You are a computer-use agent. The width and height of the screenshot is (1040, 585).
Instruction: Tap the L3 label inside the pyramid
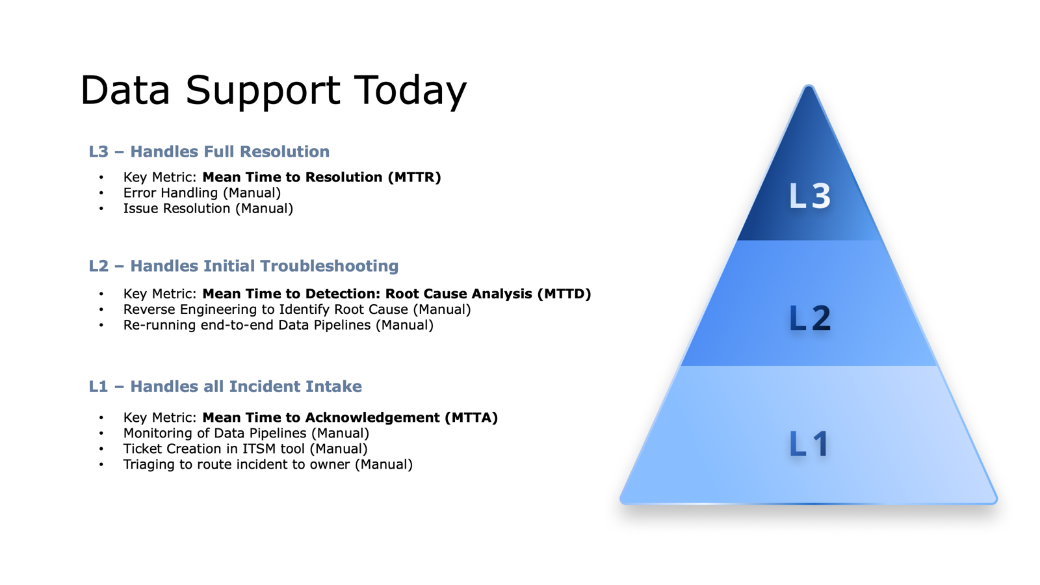(x=809, y=196)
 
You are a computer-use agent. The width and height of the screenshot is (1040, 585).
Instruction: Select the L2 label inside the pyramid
(x=809, y=318)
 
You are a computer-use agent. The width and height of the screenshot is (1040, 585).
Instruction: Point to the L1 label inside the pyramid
(x=809, y=444)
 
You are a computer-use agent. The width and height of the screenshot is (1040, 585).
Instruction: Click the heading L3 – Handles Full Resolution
(x=209, y=151)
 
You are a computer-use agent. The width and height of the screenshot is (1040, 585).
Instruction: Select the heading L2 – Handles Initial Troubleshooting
(x=243, y=266)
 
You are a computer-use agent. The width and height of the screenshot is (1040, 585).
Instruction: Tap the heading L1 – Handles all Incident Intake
(x=225, y=386)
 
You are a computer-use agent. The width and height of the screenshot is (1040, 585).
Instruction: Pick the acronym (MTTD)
(x=564, y=294)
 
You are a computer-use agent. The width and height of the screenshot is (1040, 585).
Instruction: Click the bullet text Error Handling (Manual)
(x=201, y=193)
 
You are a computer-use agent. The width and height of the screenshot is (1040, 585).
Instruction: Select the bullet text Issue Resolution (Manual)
(x=208, y=209)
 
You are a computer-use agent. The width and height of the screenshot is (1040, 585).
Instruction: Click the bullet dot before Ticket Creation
(x=101, y=448)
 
